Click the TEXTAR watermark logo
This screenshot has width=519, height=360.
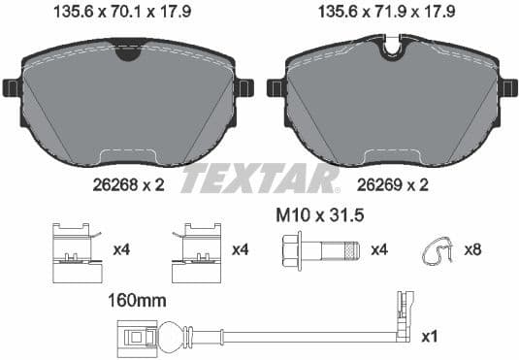coord(260,179)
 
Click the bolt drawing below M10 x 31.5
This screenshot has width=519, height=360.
coord(319,249)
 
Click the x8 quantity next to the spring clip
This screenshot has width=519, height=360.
coord(470,250)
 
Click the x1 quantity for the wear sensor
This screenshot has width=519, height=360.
coord(428,336)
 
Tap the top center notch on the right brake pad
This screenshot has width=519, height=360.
coord(393,45)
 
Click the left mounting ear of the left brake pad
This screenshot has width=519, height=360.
coord(12,88)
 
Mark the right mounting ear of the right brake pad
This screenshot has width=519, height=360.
coord(508,88)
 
